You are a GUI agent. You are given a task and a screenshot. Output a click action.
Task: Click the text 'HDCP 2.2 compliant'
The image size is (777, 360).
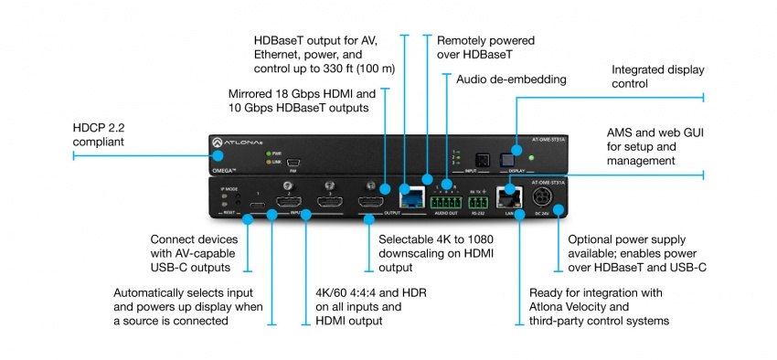pos(112,134)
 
